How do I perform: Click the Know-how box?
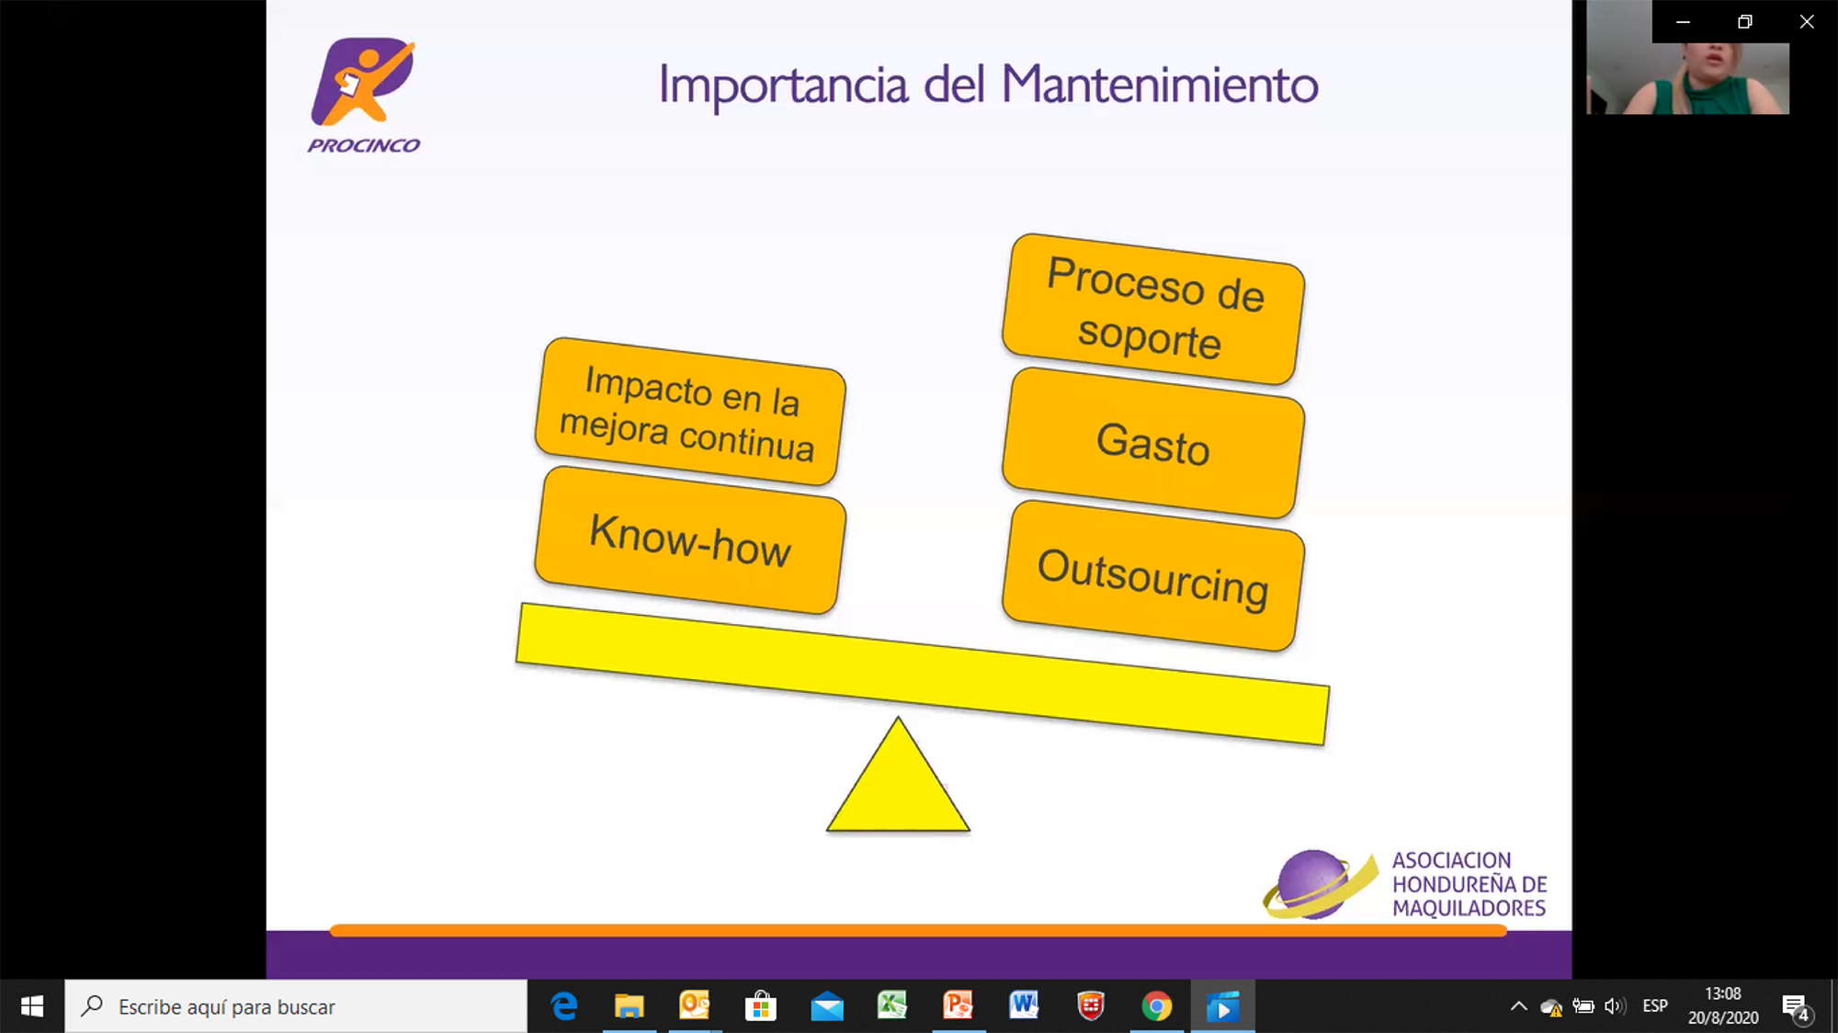690,540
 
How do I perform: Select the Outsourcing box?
1153,576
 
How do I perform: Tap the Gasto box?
1153,443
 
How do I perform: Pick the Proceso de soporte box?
1153,309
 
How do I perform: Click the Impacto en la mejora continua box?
690,411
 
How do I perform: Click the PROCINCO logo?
364,95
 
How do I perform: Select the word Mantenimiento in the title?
1160,85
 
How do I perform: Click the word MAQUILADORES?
1469,908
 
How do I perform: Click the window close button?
1807,21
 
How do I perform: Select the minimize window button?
1683,21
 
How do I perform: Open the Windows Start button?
32,1006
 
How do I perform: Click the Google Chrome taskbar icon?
1156,1006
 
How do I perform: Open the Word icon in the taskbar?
1024,1005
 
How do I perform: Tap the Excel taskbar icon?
891,1005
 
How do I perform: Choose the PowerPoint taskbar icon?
958,1005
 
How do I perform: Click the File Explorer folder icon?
629,1006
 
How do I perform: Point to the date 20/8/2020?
1723,1017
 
